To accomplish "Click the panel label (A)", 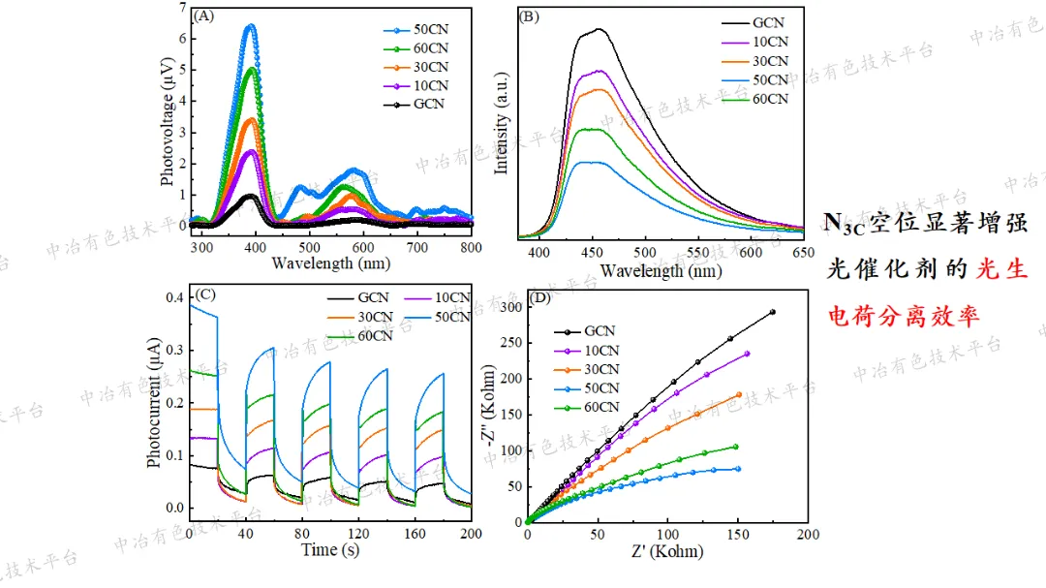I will click(x=203, y=15).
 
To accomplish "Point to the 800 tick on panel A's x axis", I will click(x=471, y=247).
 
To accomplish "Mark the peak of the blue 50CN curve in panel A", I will click(x=251, y=27).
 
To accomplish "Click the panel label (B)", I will click(x=529, y=15).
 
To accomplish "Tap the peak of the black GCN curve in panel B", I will click(x=600, y=29).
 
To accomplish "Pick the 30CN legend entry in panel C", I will click(x=373, y=317).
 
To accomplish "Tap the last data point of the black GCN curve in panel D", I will click(x=773, y=312).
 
